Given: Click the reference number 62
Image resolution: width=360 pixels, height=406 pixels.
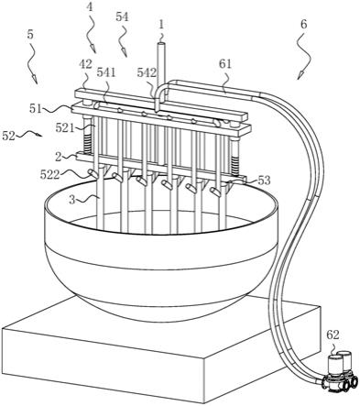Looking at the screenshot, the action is click(333, 335).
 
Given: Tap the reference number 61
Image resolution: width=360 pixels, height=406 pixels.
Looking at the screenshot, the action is click(225, 64).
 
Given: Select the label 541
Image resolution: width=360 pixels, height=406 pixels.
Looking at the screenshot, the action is click(106, 72).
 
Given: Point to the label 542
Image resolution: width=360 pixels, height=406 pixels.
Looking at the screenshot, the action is click(147, 72).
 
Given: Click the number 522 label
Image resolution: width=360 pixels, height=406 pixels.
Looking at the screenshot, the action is click(49, 174).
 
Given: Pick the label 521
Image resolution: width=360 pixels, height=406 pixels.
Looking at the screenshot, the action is click(65, 127).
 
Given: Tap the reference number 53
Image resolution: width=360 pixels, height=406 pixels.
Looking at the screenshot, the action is click(264, 181).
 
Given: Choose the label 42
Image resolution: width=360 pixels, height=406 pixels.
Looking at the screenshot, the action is click(85, 64).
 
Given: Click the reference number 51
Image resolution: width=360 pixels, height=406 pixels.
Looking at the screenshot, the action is click(36, 108).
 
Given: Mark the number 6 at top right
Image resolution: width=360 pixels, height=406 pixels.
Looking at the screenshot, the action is click(303, 24).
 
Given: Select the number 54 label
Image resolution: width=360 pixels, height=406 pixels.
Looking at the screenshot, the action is click(122, 16).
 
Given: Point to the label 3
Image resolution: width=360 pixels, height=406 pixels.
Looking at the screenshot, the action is click(72, 200).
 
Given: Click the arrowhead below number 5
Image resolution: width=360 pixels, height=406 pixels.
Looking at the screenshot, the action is click(36, 80).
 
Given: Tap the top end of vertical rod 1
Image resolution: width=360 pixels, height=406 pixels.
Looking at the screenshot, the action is click(161, 45).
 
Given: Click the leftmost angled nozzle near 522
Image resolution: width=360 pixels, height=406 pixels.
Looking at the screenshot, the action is click(93, 174).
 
